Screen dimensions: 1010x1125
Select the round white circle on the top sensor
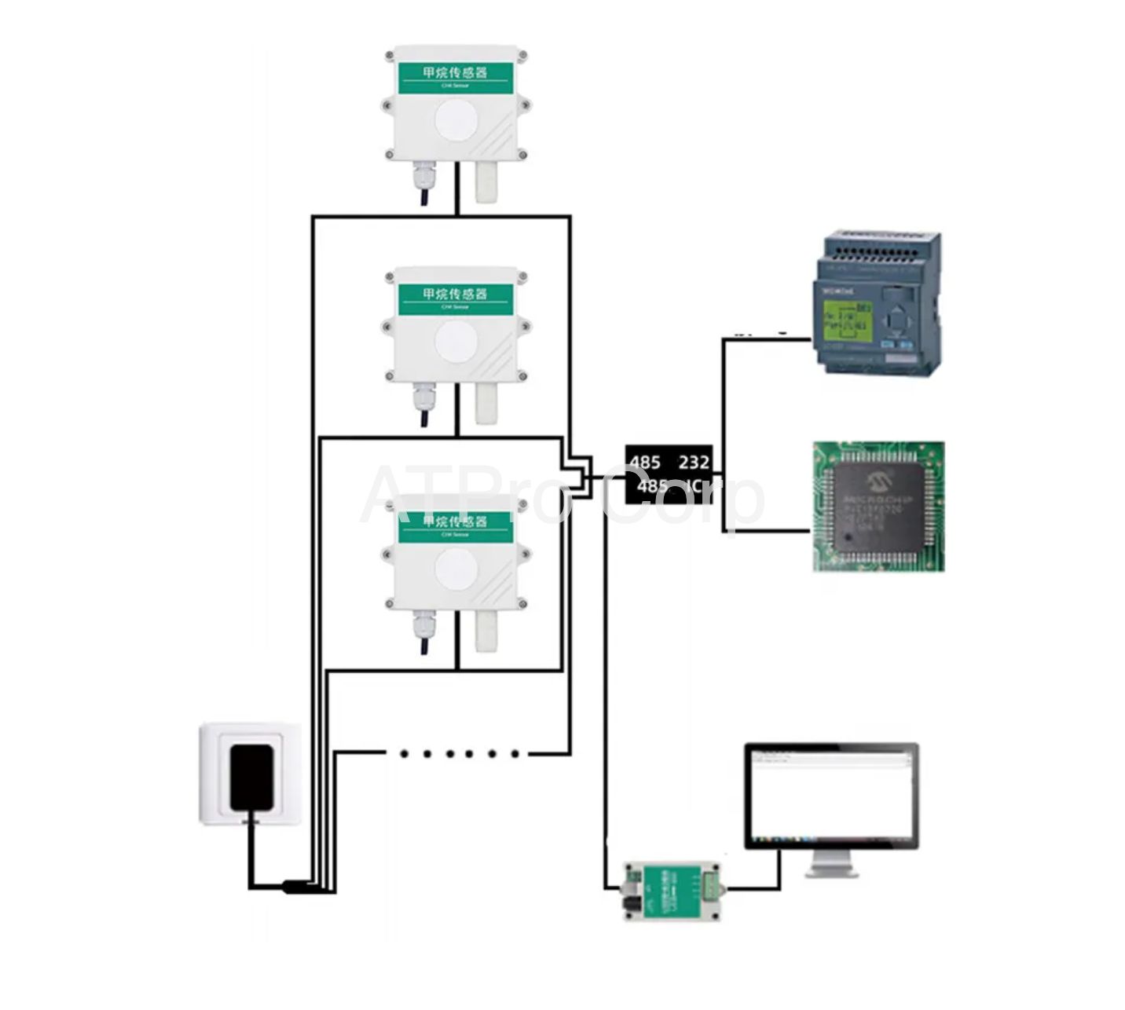[456, 126]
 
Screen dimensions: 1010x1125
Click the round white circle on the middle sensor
[456, 344]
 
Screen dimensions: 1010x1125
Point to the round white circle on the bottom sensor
[456, 570]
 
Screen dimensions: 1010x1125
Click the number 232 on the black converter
[694, 462]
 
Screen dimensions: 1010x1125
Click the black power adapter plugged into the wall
[251, 777]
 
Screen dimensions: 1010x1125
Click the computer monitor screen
[831, 795]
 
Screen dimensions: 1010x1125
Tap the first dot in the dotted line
[404, 754]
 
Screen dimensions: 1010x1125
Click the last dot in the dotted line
[515, 754]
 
